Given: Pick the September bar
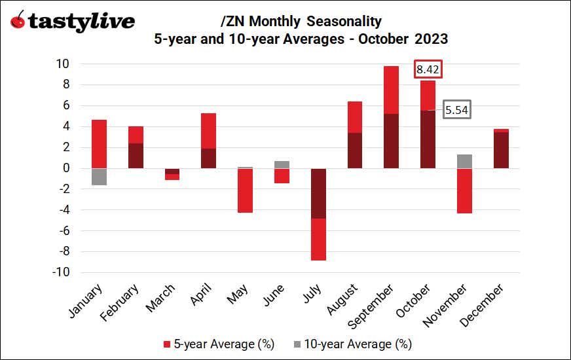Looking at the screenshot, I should pyautogui.click(x=391, y=117).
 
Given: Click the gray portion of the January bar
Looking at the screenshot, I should pyautogui.click(x=100, y=177).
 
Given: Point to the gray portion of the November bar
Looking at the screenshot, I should pyautogui.click(x=464, y=161).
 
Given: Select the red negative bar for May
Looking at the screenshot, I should pyautogui.click(x=245, y=190).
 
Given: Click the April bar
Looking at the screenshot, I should pyautogui.click(x=208, y=141).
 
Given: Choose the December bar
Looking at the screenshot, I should pyautogui.click(x=501, y=149).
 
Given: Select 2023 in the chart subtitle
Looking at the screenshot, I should pyautogui.click(x=430, y=39).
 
